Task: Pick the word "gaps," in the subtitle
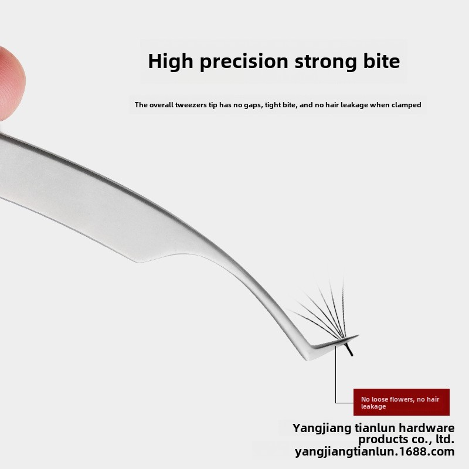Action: coord(251,105)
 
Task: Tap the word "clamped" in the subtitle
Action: coord(407,105)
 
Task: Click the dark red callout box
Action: coord(401,402)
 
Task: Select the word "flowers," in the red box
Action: coord(399,399)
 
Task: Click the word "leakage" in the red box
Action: coord(373,406)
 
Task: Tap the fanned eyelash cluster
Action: coord(325,311)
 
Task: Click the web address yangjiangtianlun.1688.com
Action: coord(375,451)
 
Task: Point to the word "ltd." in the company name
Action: coord(443,439)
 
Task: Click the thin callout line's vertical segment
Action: coord(336,375)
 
